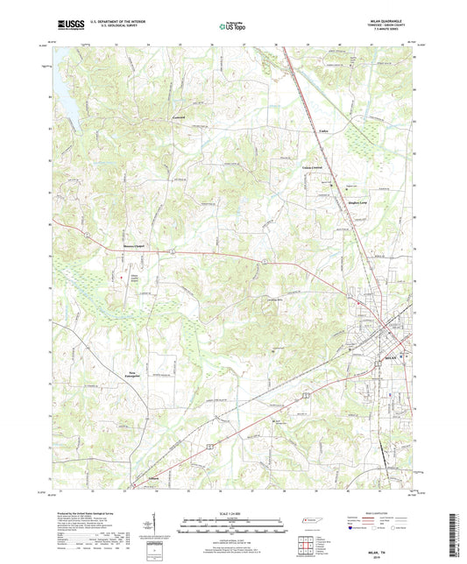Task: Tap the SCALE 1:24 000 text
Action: click(x=232, y=511)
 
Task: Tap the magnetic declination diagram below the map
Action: click(x=157, y=525)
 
